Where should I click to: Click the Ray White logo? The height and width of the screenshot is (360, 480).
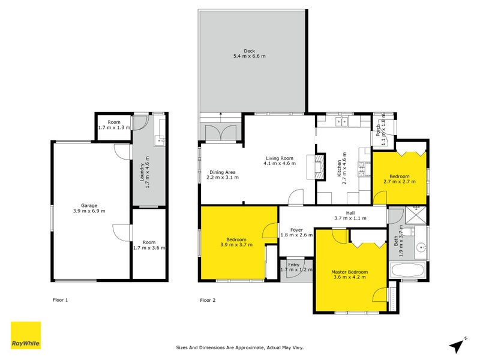point(26,335)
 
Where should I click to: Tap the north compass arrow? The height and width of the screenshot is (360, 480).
point(457,346)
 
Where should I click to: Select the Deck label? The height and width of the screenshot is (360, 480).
point(249,51)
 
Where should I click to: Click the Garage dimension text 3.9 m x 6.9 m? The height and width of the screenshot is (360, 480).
point(89,211)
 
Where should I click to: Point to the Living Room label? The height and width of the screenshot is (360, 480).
point(280,158)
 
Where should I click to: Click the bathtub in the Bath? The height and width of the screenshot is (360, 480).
point(408,271)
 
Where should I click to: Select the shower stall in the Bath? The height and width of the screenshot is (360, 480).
point(415,215)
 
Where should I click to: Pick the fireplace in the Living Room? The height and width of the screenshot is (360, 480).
point(316,167)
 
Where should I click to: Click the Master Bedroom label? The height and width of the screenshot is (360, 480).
point(350,272)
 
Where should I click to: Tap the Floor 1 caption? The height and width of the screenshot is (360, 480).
point(61,300)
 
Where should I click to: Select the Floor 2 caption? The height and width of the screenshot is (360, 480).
point(208,300)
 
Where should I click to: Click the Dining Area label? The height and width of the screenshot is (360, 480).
point(223,172)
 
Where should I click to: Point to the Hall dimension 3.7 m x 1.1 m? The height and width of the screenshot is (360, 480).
point(350,218)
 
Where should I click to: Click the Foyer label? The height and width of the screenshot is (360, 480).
point(296,230)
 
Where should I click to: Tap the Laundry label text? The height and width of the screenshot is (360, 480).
point(142,172)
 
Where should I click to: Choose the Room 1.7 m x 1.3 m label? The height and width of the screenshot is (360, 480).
point(114,125)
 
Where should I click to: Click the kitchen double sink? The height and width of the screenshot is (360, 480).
point(341,122)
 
